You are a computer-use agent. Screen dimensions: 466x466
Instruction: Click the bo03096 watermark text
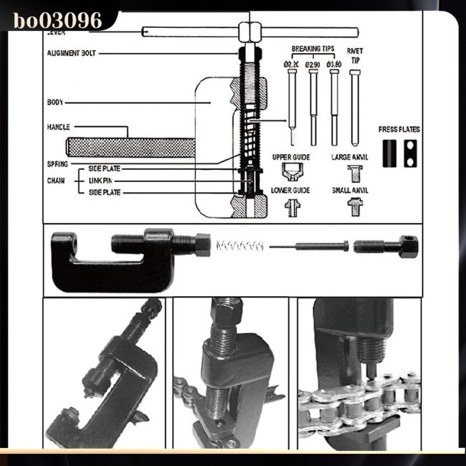point(57,19)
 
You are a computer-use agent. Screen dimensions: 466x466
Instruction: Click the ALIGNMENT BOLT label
point(71,53)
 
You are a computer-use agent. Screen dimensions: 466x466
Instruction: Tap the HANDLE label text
point(58,127)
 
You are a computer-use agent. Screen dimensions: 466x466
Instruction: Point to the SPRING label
point(57,163)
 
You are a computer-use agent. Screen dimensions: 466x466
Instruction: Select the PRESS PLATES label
point(399,130)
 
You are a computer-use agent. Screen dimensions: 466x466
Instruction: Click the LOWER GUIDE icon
point(292,207)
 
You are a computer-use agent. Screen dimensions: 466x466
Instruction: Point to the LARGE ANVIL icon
point(354,172)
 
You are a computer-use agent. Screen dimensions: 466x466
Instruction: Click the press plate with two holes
point(409,153)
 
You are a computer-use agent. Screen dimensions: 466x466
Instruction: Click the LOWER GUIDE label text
point(290,191)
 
